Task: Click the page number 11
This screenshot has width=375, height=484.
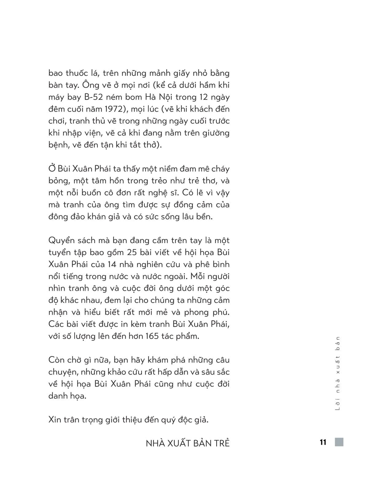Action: (x=322, y=442)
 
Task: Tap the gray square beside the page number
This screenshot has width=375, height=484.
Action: (x=339, y=442)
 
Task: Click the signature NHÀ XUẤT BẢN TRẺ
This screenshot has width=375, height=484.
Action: (x=187, y=443)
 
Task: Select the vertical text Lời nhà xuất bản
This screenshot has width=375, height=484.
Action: (x=338, y=373)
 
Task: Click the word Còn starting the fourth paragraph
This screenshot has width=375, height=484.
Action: (x=57, y=360)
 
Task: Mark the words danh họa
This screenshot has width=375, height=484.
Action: (x=67, y=396)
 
